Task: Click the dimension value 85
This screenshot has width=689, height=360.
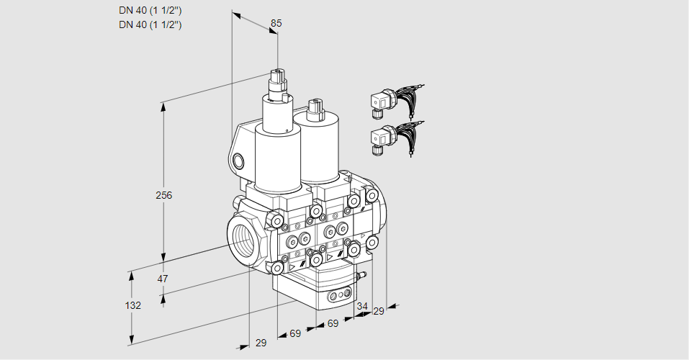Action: (x=275, y=24)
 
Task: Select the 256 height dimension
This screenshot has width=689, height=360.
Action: (x=165, y=195)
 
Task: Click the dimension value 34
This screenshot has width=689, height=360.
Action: (x=361, y=306)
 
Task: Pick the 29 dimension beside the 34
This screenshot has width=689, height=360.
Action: (x=379, y=311)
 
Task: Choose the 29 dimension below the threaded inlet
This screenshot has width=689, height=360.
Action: (x=261, y=343)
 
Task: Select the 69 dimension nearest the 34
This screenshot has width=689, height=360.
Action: (x=332, y=324)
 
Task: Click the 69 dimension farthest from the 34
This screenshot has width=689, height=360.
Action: (x=295, y=333)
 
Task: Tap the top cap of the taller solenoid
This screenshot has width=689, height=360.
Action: (x=278, y=74)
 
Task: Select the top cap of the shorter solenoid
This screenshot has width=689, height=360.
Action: (x=315, y=106)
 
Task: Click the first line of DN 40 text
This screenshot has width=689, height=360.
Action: (x=150, y=10)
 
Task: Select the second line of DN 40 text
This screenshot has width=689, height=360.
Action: (x=150, y=24)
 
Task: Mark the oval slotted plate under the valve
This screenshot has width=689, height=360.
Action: (x=340, y=295)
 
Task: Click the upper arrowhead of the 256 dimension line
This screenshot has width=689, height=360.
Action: (x=165, y=107)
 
